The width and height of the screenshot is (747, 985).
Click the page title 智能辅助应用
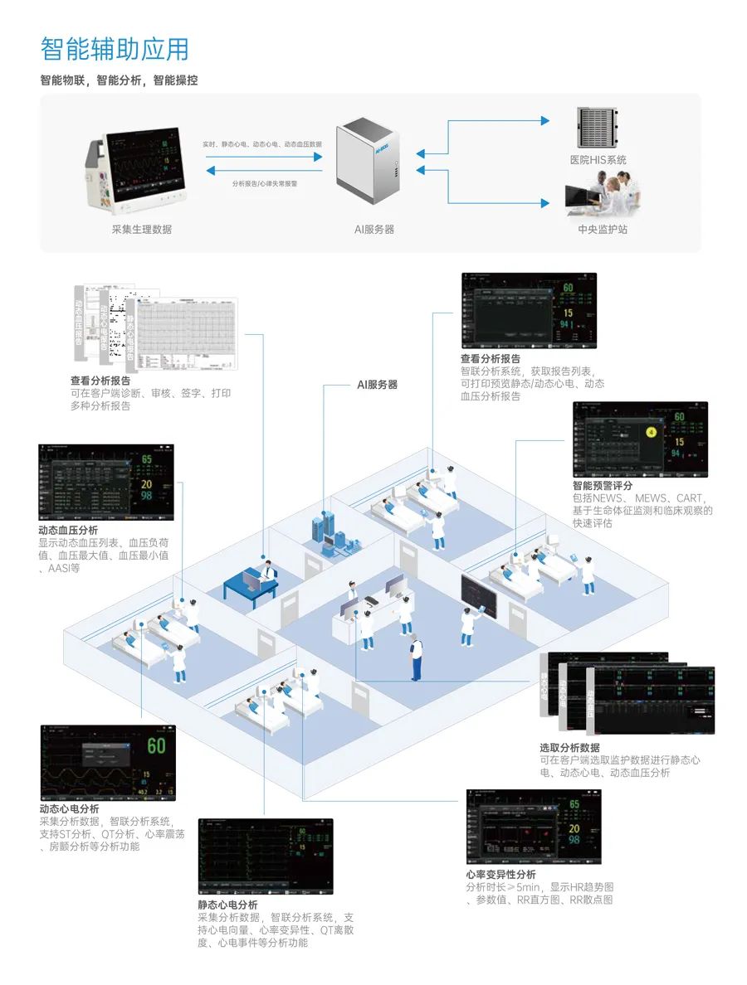click(x=115, y=50)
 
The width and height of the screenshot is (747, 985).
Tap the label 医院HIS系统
click(x=598, y=160)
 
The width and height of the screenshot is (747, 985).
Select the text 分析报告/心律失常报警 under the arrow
click(x=265, y=183)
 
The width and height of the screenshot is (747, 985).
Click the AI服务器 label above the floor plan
click(x=377, y=385)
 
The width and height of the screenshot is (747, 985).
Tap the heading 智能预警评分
click(x=602, y=486)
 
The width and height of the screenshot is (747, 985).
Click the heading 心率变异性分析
click(x=500, y=875)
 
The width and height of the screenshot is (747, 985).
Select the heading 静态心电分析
click(x=227, y=905)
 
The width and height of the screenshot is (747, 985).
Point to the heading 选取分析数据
click(x=569, y=748)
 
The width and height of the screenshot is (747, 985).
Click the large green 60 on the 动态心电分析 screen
click(x=155, y=745)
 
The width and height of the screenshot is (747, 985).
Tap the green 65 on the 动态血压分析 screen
click(x=146, y=460)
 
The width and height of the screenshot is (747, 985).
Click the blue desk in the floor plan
click(x=249, y=585)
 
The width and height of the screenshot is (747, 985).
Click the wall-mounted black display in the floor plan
click(x=477, y=590)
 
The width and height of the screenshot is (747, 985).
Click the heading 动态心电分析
click(x=69, y=809)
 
